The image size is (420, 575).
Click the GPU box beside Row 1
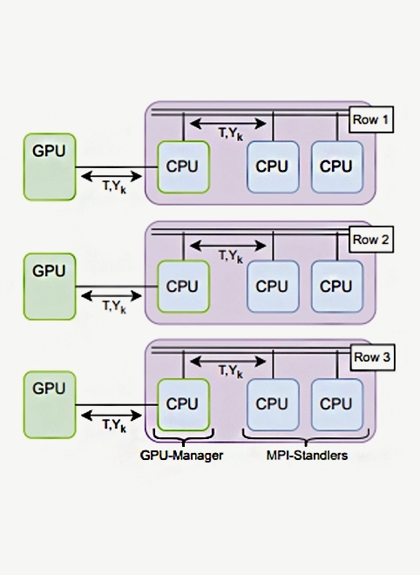(50, 165)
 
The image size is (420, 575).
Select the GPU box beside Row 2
(50, 285)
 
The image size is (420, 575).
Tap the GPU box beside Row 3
(50, 403)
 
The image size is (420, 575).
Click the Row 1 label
(372, 119)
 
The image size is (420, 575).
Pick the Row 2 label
(372, 239)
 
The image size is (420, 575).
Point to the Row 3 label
(372, 357)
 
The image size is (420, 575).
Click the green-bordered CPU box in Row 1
(183, 166)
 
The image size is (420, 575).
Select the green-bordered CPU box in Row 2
(183, 286)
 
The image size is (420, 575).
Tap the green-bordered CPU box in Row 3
(183, 403)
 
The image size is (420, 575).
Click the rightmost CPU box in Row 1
(335, 166)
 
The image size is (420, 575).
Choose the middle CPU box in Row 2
(272, 286)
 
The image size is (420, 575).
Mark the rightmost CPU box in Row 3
(335, 403)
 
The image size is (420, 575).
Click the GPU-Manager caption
(182, 455)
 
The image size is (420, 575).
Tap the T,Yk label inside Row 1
(232, 133)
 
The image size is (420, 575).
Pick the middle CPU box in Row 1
(272, 166)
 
